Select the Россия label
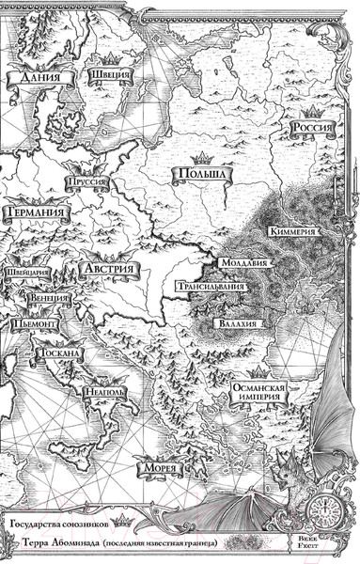[316, 130]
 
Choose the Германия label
[34, 214]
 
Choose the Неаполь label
[100, 391]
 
